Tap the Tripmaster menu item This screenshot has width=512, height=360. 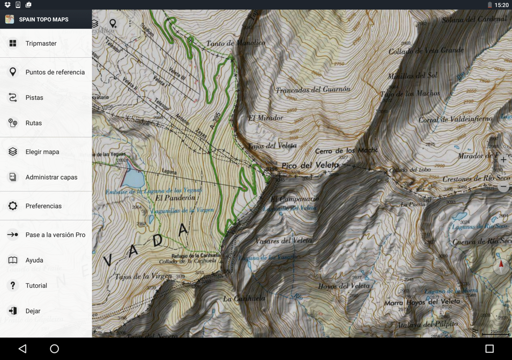(x=41, y=43)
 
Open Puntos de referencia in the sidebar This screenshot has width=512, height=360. (x=55, y=72)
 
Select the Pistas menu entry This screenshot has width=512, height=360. (x=34, y=98)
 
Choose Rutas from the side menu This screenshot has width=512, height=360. (x=34, y=123)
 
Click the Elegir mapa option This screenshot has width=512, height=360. (x=42, y=152)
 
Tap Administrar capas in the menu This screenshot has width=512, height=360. (x=51, y=177)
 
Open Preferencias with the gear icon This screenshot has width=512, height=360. (x=13, y=206)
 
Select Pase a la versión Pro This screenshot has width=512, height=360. (x=55, y=235)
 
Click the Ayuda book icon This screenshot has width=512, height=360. (x=13, y=260)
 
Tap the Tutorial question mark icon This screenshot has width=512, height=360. (x=13, y=286)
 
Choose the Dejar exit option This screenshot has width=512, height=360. (x=33, y=311)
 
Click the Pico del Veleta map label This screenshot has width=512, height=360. (x=310, y=165)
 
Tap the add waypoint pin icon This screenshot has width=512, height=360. (x=113, y=23)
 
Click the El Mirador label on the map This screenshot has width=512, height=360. (x=265, y=118)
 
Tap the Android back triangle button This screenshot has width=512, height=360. (x=23, y=349)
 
